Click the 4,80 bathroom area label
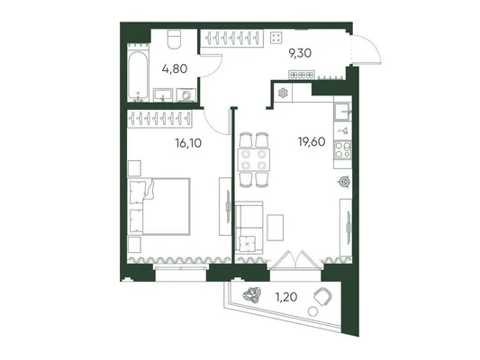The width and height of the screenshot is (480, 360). pos(175,68)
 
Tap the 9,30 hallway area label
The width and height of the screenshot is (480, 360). pos(300,53)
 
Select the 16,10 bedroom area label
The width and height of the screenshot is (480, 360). pos(188,143)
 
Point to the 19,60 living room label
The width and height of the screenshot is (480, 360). pos(312,141)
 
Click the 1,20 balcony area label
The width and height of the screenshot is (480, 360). pos(286,297)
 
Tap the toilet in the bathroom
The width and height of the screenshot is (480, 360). pos(175,40)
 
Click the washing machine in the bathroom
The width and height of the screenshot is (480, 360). pos(186,94)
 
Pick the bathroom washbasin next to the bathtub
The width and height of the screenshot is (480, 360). pos(163,94)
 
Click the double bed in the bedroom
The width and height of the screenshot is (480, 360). pos(159,206)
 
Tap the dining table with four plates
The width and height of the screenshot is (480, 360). pos(254,160)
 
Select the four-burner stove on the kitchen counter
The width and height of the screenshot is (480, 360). pos(342,150)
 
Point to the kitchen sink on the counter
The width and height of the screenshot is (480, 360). pos(342,112)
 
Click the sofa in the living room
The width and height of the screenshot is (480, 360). pos(249,228)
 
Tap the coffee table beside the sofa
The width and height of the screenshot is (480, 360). pos(275,228)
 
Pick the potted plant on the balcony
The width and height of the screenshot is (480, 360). pos(251,295)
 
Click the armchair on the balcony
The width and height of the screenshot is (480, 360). pos(323,296)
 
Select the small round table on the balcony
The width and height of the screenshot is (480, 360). pos(312,311)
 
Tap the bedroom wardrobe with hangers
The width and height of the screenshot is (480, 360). pos(159,119)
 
